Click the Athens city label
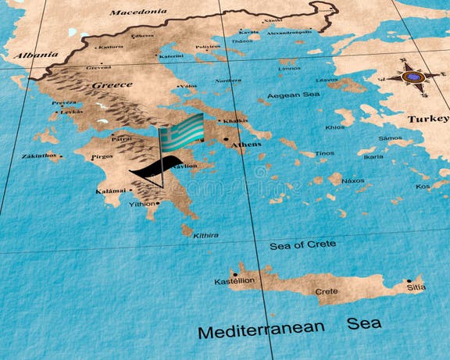tap(247, 144)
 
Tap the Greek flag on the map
tap(181, 130)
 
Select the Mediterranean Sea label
tap(289, 326)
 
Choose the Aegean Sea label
tap(293, 95)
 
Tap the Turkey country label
tap(427, 119)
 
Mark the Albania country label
tap(35, 55)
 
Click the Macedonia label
tap(137, 12)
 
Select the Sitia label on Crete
tap(416, 287)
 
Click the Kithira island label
tap(205, 235)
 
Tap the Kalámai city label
tap(111, 191)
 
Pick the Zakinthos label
tap(38, 156)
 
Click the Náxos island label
tap(353, 180)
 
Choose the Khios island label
tap(334, 127)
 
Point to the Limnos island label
tap(289, 69)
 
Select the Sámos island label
tap(390, 138)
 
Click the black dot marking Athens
tap(227, 141)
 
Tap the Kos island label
tap(423, 187)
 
